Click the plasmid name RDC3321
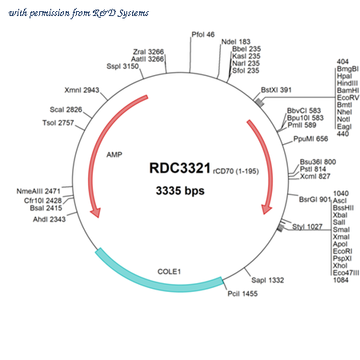[x=180, y=168]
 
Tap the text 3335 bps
[x=180, y=191]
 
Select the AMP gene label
[x=114, y=154]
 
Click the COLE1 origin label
[x=169, y=271]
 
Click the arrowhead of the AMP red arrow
[x=95, y=213]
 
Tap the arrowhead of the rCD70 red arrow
[x=266, y=210]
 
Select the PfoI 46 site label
[x=203, y=34]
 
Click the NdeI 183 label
[x=236, y=42]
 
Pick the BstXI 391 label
[x=276, y=90]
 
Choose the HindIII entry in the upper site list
[x=347, y=83]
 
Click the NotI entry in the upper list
[x=343, y=119]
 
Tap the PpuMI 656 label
[x=310, y=138]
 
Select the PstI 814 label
[x=313, y=169]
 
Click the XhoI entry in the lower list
[x=340, y=266]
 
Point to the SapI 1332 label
[x=267, y=280]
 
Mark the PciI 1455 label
[x=242, y=294]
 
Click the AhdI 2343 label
[x=49, y=219]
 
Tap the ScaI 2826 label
[x=66, y=110]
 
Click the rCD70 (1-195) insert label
[x=236, y=171]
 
